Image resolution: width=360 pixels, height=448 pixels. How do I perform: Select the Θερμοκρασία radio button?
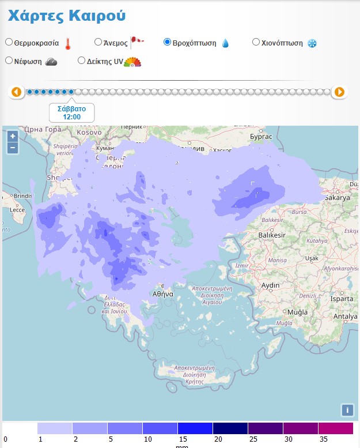click(x=9, y=42)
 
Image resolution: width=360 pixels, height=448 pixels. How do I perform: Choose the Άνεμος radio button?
click(x=98, y=42)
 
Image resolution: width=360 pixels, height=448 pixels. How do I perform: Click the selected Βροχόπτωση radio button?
click(x=167, y=42)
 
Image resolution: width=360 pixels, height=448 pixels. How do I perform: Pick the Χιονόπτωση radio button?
click(x=256, y=42)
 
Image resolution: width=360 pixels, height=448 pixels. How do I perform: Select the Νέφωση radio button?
click(x=9, y=61)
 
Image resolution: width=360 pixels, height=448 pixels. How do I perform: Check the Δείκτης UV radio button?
click(x=81, y=61)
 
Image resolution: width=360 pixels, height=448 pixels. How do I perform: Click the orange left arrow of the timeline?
click(x=16, y=92)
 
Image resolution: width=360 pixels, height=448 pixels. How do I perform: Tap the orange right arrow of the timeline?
click(x=339, y=92)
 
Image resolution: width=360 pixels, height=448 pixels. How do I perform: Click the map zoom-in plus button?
click(x=13, y=137)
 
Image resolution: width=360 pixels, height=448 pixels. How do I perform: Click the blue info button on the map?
click(x=347, y=410)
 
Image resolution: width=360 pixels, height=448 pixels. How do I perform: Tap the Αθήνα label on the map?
click(x=163, y=293)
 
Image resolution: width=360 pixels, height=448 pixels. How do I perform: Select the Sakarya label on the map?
click(x=338, y=197)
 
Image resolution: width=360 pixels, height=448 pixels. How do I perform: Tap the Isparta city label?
click(x=343, y=299)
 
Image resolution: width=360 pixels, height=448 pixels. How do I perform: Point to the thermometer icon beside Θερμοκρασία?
click(x=67, y=43)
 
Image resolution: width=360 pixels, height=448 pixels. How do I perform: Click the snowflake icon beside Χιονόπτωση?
click(x=312, y=43)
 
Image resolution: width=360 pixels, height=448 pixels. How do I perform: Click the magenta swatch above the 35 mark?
click(x=335, y=428)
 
